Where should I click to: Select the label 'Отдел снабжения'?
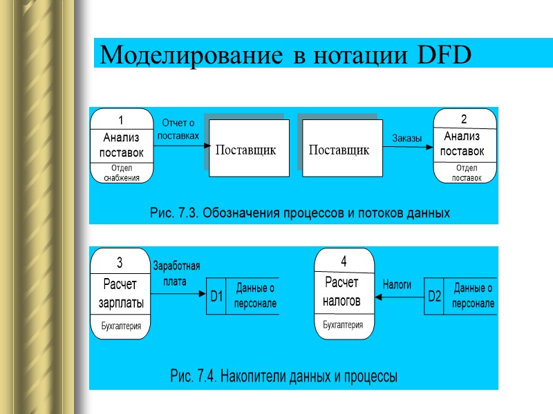(122, 172)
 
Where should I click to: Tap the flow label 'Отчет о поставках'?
(178, 129)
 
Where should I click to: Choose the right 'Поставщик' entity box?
(339, 149)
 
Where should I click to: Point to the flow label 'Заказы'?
(407, 139)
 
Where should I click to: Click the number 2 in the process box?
(465, 119)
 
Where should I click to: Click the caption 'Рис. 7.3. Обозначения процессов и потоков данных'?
(300, 213)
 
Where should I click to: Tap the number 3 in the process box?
(120, 262)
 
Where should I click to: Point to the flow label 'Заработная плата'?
(176, 273)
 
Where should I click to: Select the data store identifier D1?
(216, 297)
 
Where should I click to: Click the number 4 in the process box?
(344, 261)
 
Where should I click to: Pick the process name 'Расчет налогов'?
(342, 291)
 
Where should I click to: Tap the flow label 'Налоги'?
(397, 284)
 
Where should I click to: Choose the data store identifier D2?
(434, 297)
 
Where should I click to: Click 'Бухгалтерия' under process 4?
(343, 324)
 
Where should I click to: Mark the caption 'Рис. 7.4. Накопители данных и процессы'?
(283, 377)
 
